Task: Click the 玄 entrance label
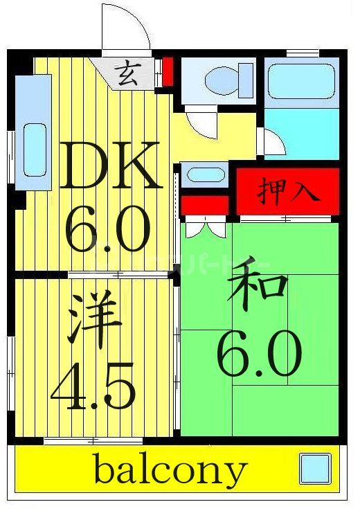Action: coord(126,73)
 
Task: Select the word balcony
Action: coord(170,471)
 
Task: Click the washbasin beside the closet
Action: coord(204,174)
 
